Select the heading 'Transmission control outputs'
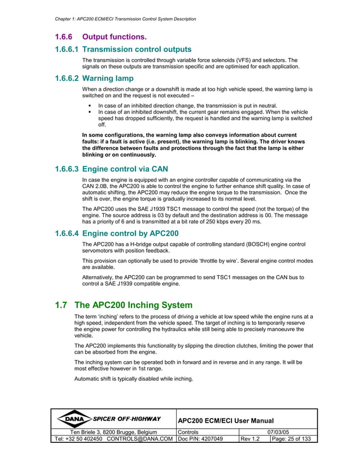click(x=137, y=49)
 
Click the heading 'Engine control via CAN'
click(x=125, y=169)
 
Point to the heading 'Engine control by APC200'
click(x=130, y=233)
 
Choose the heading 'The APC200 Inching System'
click(x=133, y=306)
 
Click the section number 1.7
click(x=62, y=306)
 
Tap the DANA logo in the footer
click(x=74, y=419)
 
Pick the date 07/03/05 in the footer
click(x=278, y=432)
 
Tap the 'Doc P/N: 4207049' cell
click(x=200, y=439)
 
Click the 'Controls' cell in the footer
click(x=190, y=432)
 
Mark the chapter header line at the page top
click(x=122, y=19)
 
